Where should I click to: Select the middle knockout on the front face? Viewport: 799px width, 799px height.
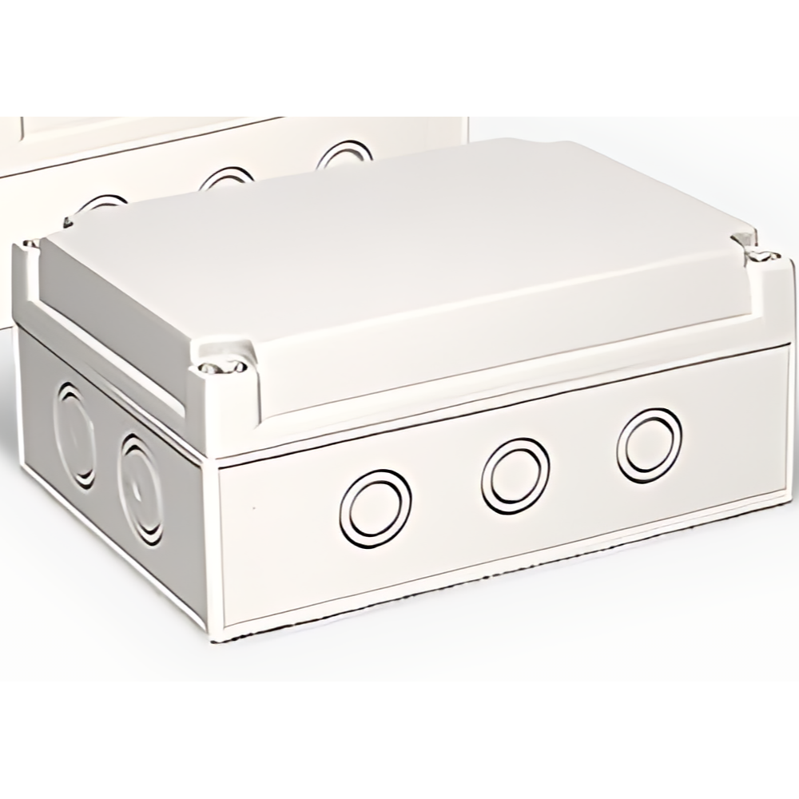(x=516, y=476)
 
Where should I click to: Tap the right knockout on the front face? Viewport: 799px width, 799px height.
(x=650, y=446)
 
